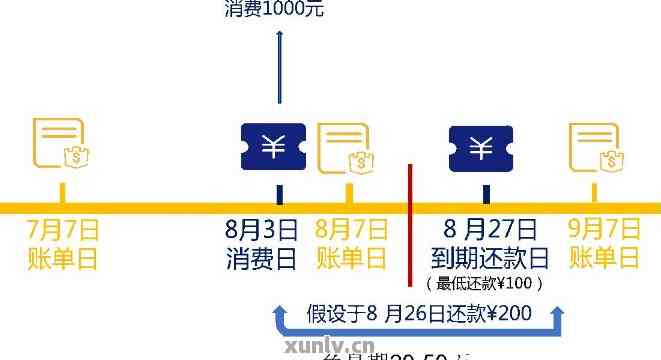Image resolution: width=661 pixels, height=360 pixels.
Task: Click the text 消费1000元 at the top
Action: coord(276,11)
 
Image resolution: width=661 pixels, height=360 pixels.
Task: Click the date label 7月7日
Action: coord(63,229)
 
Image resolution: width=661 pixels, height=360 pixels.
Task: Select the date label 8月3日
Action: coord(262,229)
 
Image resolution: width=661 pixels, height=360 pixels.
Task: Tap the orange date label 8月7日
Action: coord(351,229)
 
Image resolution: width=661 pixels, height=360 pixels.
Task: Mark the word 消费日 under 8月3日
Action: coord(262,259)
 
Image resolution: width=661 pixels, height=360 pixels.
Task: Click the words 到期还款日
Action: coord(491,259)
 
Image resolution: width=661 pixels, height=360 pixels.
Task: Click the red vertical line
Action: coord(410,230)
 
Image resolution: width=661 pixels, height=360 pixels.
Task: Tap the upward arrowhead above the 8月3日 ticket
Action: coord(279,36)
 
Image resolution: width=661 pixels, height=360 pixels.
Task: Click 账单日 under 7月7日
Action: coord(63,259)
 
